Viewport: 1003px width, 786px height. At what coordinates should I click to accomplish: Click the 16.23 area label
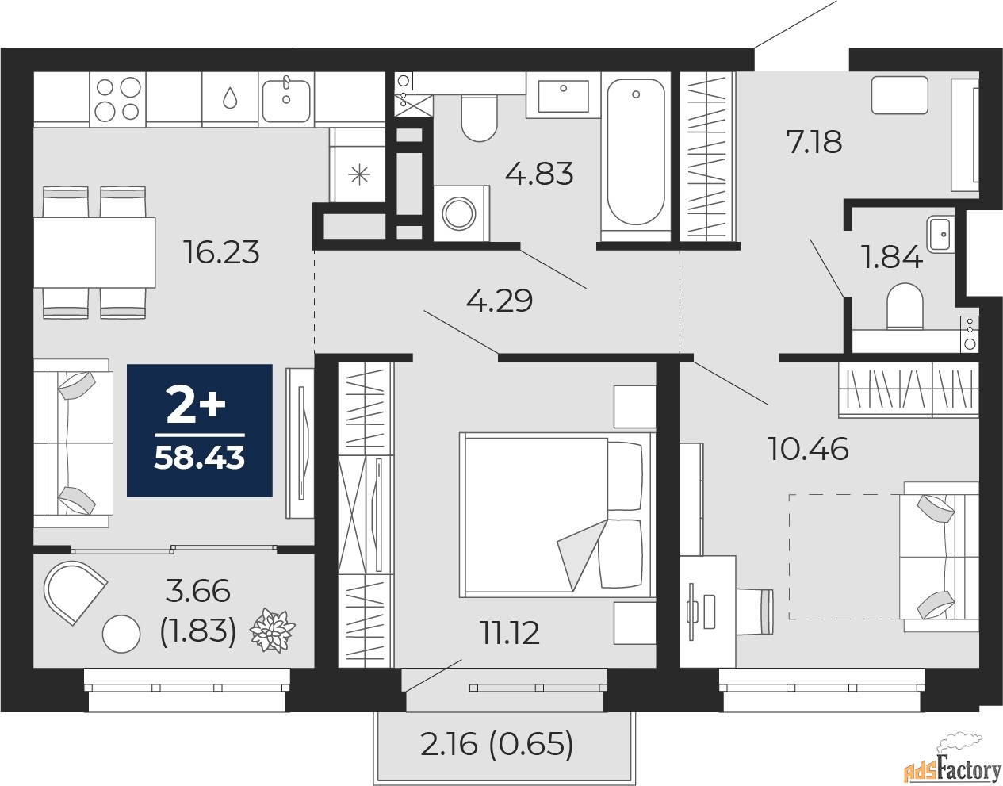tap(221, 252)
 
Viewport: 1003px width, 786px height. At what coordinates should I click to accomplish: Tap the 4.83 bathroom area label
tap(539, 174)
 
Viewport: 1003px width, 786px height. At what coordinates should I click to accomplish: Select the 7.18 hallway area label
tap(814, 142)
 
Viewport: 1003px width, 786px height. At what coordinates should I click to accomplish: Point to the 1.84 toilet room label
tap(893, 258)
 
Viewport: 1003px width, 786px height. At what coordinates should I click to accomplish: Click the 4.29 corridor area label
tap(500, 301)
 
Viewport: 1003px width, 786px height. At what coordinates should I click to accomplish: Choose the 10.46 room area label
tap(808, 449)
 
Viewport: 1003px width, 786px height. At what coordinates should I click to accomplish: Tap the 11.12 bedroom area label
tap(510, 633)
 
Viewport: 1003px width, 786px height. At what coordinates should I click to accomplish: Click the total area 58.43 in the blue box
tap(199, 458)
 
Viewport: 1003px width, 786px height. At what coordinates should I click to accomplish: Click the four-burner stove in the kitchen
tap(117, 99)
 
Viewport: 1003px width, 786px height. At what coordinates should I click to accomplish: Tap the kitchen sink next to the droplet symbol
tap(286, 98)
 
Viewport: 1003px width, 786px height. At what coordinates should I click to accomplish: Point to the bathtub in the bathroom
tap(636, 153)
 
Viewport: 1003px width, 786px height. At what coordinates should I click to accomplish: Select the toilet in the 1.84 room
tap(905, 306)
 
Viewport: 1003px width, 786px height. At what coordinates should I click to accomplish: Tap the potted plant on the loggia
tap(272, 630)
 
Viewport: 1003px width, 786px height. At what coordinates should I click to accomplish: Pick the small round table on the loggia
tap(121, 635)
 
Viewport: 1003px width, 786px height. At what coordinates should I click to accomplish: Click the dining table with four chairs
tap(94, 252)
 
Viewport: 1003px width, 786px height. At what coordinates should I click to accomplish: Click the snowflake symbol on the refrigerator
tap(359, 175)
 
